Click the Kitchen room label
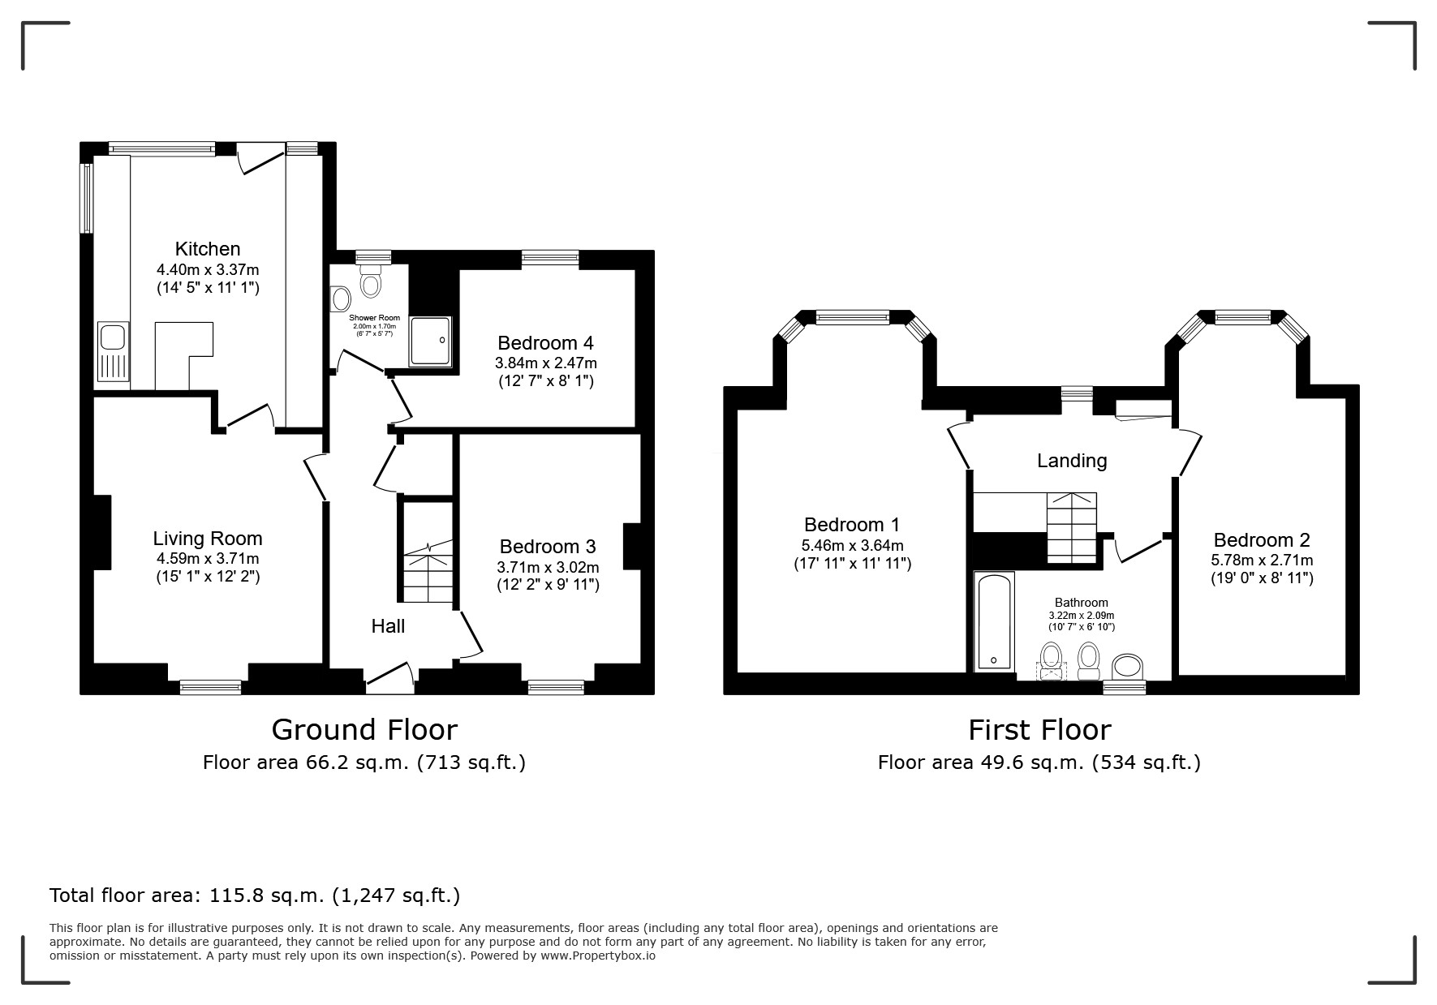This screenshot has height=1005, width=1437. [x=208, y=249]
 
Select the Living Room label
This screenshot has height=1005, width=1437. [x=208, y=539]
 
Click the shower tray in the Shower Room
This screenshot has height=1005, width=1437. [x=429, y=341]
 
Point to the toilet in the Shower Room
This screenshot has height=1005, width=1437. [x=372, y=281]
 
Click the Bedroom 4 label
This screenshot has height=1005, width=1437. [x=546, y=342]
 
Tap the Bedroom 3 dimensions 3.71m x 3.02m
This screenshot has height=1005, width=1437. [x=548, y=567]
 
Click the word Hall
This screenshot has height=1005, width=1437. [x=388, y=626]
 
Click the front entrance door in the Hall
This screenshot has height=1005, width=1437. [x=390, y=678]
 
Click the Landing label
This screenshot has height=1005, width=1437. [x=1072, y=461]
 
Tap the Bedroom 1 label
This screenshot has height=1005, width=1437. [x=852, y=525]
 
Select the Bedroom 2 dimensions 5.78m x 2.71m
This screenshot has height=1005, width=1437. [x=1262, y=560]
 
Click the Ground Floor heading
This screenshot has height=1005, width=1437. [x=364, y=730]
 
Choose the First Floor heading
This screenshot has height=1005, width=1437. [x=1039, y=730]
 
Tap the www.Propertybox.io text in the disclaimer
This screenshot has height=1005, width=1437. [x=598, y=956]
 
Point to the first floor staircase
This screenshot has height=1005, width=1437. [x=1071, y=527]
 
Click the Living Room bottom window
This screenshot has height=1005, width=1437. [x=211, y=687]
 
